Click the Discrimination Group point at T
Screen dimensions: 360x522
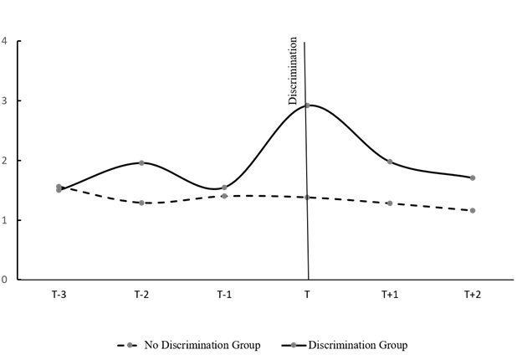point(307,105)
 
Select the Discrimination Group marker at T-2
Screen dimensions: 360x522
point(141,162)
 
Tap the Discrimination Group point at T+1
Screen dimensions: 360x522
point(390,162)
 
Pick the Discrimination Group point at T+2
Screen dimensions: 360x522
point(473,177)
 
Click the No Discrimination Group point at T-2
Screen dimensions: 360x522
point(141,203)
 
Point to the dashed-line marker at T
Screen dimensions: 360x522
point(307,197)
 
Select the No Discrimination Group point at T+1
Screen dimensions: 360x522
point(390,203)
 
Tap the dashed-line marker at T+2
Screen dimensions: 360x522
point(473,210)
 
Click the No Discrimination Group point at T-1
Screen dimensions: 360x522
point(224,196)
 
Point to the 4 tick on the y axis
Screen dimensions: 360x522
point(5,41)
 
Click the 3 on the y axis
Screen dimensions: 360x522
point(5,100)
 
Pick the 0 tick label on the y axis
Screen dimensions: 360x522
point(5,280)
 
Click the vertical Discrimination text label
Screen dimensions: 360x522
point(293,70)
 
